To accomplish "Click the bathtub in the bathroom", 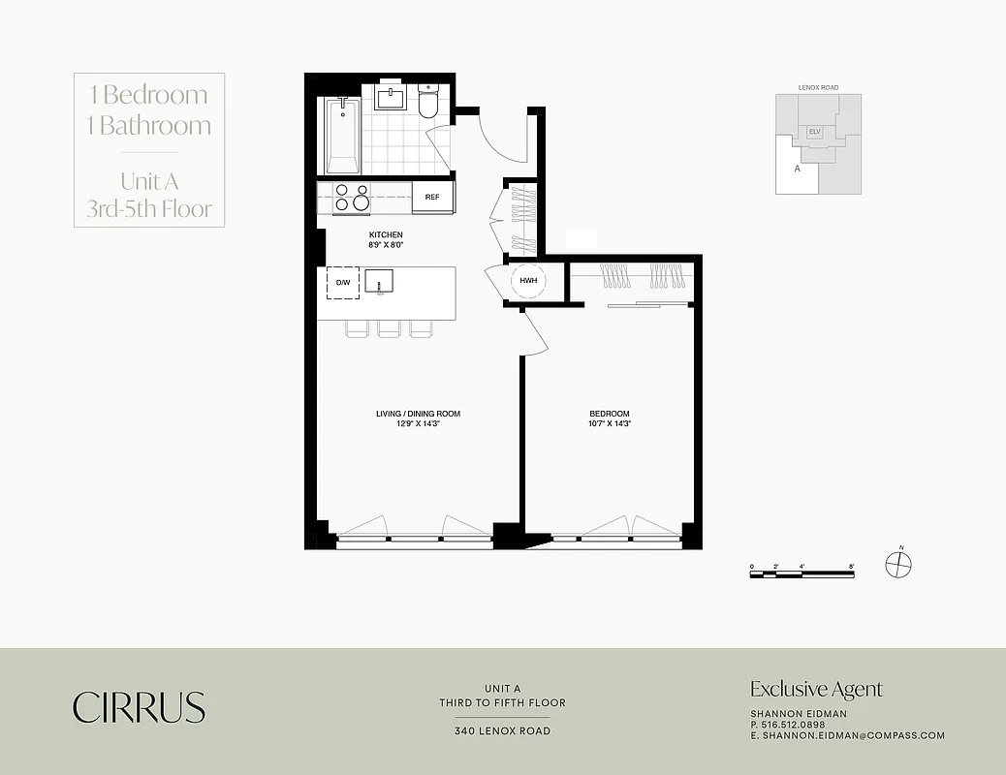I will pyautogui.click(x=342, y=136).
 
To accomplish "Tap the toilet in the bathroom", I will pyautogui.click(x=429, y=101).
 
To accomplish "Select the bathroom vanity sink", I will pyautogui.click(x=393, y=99).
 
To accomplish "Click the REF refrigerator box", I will pyautogui.click(x=432, y=198).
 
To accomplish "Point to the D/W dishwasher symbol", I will pyautogui.click(x=343, y=283).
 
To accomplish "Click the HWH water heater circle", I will pyautogui.click(x=528, y=281).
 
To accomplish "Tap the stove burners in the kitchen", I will pyautogui.click(x=351, y=198).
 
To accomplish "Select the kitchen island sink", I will pyautogui.click(x=379, y=282).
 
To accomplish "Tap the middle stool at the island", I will pyautogui.click(x=389, y=329).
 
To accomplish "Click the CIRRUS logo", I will pyautogui.click(x=139, y=707).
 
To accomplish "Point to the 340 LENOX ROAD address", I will pyautogui.click(x=502, y=731).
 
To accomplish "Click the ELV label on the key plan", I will pyautogui.click(x=814, y=132).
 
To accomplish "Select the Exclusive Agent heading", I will pyautogui.click(x=816, y=690).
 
